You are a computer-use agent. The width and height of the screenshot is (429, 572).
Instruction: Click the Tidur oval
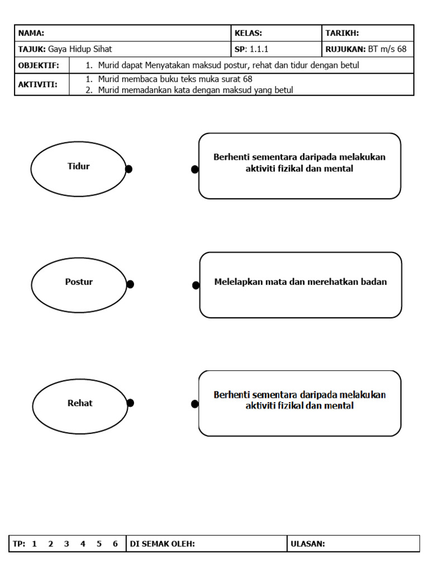[79, 169]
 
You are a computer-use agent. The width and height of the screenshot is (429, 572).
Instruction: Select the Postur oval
[79, 284]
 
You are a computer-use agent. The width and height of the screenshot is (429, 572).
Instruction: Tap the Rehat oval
[80, 406]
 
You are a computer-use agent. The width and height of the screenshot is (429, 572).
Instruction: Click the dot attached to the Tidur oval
[128, 169]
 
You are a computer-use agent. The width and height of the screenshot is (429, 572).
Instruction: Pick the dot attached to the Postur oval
[130, 284]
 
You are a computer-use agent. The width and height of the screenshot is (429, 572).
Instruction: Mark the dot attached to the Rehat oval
[130, 403]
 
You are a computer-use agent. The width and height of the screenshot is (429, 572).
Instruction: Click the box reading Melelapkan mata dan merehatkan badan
[301, 285]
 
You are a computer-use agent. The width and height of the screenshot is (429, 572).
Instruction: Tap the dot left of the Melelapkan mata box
[196, 285]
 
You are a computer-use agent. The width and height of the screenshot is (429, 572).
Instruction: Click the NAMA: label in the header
[31, 34]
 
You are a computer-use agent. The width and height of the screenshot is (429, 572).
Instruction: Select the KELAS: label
[249, 34]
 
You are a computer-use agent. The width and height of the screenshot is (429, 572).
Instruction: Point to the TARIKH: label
[342, 34]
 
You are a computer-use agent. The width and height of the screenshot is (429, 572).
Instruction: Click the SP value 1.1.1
[259, 49]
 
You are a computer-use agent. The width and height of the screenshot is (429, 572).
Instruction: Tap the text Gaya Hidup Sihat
[80, 49]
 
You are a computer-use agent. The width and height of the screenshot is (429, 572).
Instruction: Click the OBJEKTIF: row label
[39, 65]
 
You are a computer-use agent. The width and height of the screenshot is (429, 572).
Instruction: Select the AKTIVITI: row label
[37, 85]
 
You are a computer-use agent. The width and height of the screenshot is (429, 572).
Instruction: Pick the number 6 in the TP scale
[115, 544]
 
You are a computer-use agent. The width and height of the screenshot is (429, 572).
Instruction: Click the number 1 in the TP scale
[34, 544]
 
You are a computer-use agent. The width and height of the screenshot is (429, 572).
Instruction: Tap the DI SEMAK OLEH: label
[163, 544]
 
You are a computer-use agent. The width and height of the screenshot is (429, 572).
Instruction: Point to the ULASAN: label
[308, 544]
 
